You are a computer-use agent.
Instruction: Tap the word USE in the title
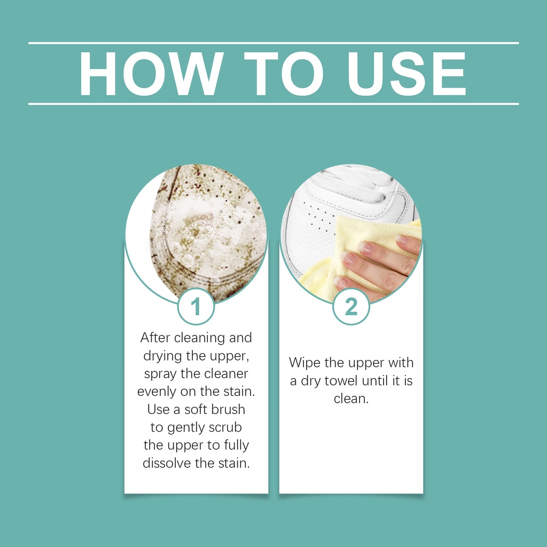pyautogui.click(x=407, y=74)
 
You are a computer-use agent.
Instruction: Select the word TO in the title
pyautogui.click(x=283, y=74)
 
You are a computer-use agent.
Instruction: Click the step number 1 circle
pyautogui.click(x=196, y=307)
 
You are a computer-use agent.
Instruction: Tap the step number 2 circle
pyautogui.click(x=351, y=307)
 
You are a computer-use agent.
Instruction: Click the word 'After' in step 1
pyautogui.click(x=155, y=338)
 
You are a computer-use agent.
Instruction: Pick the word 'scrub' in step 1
pyautogui.click(x=225, y=427)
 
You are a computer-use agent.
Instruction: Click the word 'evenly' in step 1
pyautogui.click(x=157, y=392)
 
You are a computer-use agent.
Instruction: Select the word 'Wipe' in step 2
pyautogui.click(x=304, y=363)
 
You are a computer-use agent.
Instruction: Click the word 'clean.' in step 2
pyautogui.click(x=351, y=398)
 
